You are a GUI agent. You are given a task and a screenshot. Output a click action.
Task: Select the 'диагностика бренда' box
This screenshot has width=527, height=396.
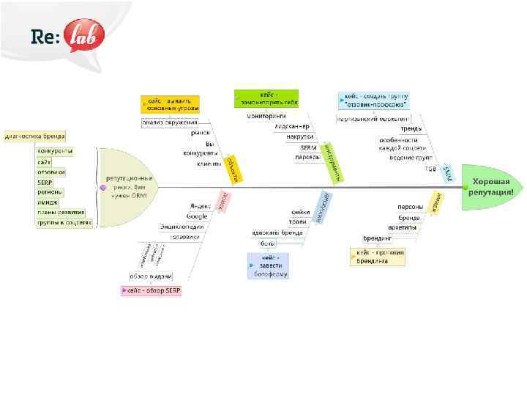pyautogui.click(x=34, y=136)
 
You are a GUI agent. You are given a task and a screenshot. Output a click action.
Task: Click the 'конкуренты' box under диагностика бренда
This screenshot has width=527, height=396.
pyautogui.click(x=55, y=151)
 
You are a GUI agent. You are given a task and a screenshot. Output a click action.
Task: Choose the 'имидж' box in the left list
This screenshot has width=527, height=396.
pyautogui.click(x=50, y=202)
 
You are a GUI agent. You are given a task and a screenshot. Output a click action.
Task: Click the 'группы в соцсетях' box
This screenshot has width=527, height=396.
pyautogui.click(x=64, y=223)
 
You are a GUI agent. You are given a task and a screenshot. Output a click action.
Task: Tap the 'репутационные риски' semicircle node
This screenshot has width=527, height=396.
pyautogui.click(x=128, y=187)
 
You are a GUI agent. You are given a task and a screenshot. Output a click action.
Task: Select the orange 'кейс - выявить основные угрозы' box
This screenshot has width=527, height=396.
pyautogui.click(x=170, y=104)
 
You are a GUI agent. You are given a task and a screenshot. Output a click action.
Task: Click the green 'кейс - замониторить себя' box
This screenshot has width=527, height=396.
pyautogui.click(x=266, y=98)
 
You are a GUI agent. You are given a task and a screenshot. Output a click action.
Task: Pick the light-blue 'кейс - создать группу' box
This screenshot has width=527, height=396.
pyautogui.click(x=373, y=100)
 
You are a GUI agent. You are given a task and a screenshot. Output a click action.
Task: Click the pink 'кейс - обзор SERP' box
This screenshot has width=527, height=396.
pyautogui.click(x=152, y=291)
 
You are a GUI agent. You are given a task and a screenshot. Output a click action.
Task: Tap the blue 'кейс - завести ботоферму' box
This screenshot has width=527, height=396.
pyautogui.click(x=268, y=265)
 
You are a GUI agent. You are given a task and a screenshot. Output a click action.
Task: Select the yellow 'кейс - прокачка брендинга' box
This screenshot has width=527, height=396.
pyautogui.click(x=378, y=256)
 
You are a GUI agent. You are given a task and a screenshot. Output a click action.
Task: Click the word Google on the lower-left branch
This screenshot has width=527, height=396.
pyautogui.click(x=196, y=216)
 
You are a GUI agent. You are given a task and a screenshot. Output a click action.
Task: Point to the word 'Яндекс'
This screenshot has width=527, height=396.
pyautogui.click(x=200, y=206)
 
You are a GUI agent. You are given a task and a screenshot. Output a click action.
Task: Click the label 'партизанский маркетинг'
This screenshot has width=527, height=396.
pyautogui.click(x=373, y=118)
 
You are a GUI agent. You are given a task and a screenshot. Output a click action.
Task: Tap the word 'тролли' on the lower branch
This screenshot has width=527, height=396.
pyautogui.click(x=297, y=221)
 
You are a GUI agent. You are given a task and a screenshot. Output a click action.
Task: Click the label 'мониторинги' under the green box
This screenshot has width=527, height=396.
pyautogui.click(x=266, y=116)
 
